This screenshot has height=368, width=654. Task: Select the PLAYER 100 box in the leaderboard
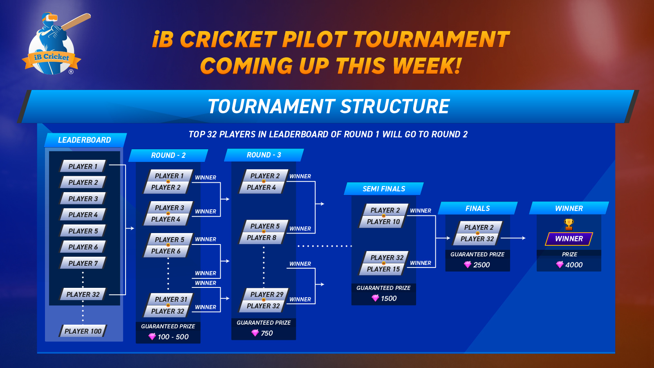coord(83,331)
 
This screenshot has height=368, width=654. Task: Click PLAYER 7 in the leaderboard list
coord(83,263)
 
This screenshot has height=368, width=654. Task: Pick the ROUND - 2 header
coord(168,155)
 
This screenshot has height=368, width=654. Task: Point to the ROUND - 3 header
coord(264,155)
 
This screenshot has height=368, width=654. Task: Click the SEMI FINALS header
coord(384,188)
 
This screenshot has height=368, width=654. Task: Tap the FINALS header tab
coord(478,208)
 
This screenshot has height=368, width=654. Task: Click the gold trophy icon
coord(569,224)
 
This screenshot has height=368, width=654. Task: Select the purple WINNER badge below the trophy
coord(569,239)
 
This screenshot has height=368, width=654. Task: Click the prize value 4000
coord(574,265)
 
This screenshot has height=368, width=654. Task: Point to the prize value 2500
coord(482,265)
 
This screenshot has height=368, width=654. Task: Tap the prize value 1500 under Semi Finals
coord(389,298)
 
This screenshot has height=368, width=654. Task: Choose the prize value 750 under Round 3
coord(267,333)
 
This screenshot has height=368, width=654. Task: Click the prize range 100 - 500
coord(173,337)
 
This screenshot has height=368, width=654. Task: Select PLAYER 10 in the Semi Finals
coord(383,222)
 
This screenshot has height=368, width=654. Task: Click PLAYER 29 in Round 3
coord(266,294)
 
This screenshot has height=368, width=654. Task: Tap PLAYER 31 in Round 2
coord(170,299)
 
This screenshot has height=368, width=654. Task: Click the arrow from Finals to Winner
coord(513,238)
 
